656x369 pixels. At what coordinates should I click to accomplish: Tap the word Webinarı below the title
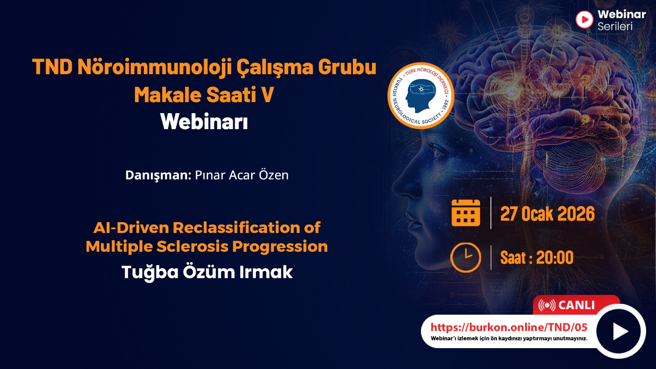[204, 121]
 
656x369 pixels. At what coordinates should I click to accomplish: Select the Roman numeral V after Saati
[267, 95]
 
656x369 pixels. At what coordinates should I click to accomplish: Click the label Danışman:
[158, 175]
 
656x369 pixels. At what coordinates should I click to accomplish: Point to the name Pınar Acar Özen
[241, 175]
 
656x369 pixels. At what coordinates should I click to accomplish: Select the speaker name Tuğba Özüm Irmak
[207, 272]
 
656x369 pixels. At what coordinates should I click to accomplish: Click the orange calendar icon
[466, 213]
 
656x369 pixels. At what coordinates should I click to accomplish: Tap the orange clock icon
[466, 258]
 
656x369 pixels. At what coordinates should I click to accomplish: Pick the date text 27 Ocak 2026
[547, 214]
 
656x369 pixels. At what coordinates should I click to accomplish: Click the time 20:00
[555, 258]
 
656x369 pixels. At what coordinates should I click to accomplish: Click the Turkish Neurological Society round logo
[421, 96]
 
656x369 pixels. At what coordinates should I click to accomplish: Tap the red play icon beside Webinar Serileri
[584, 20]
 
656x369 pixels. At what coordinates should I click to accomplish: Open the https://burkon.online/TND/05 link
[509, 327]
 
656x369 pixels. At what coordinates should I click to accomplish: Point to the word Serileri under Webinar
[615, 26]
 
